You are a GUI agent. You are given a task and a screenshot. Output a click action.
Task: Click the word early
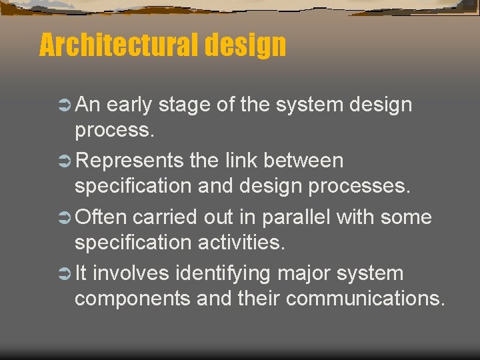(x=129, y=105)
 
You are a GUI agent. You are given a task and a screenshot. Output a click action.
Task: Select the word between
(x=304, y=161)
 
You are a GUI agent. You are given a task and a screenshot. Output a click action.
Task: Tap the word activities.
(x=242, y=243)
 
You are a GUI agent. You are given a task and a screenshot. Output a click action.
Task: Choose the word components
(x=133, y=299)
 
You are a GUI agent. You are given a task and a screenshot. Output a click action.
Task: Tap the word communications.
(x=366, y=299)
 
